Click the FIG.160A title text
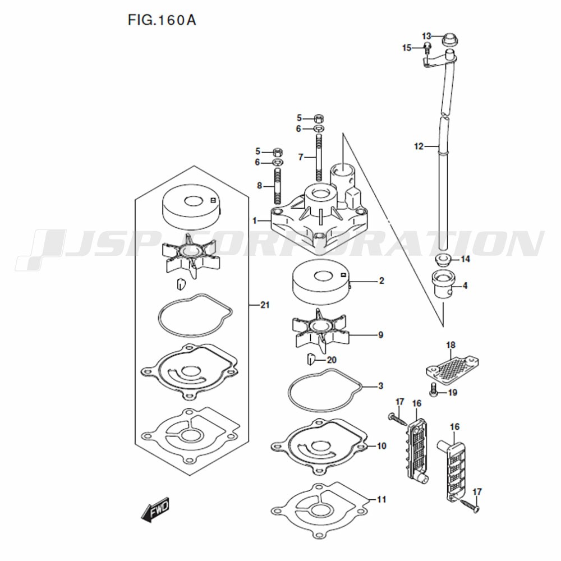point(162,20)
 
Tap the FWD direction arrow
point(155,509)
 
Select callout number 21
point(265,305)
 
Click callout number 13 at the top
point(426,36)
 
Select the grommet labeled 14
point(442,259)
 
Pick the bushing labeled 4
point(443,284)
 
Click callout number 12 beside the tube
point(419,146)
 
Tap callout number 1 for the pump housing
point(254,220)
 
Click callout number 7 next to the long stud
point(301,157)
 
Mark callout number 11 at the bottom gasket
point(381,499)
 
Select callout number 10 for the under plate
point(381,446)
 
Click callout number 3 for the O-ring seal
point(381,386)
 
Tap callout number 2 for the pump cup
point(381,281)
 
